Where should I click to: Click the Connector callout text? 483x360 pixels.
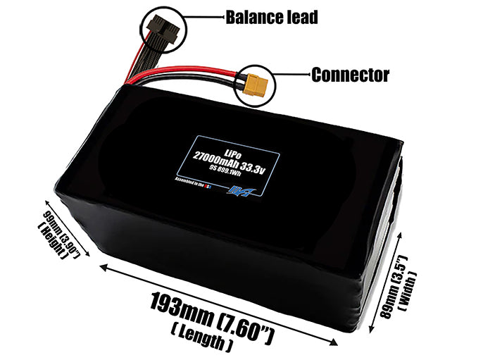click(351, 73)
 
